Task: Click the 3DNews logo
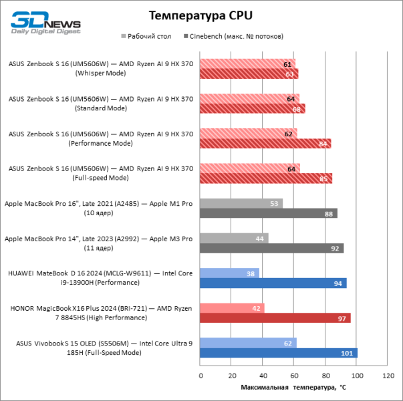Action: click(45, 22)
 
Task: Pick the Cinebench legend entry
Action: click(237, 35)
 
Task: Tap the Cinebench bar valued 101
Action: click(279, 353)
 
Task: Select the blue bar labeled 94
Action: click(273, 283)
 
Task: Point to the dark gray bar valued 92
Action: click(272, 248)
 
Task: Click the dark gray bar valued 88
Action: click(269, 213)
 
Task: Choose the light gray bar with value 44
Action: click(235, 238)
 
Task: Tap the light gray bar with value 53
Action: click(241, 203)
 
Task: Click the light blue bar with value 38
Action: click(230, 273)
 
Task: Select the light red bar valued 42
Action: click(233, 308)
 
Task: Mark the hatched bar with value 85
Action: click(266, 178)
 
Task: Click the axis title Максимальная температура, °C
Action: click(293, 387)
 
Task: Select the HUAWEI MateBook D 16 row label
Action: click(101, 278)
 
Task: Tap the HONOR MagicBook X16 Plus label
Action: click(101, 313)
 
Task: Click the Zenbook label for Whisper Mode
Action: click(101, 68)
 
